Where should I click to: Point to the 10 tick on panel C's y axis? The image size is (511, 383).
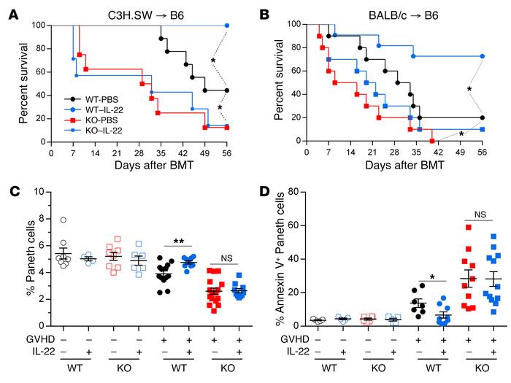34,193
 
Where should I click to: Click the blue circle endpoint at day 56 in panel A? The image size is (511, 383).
227,26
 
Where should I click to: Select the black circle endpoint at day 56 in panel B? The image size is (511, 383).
483,117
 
